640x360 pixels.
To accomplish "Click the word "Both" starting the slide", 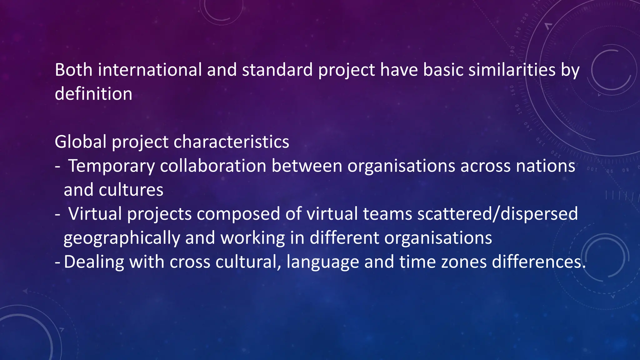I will pyautogui.click(x=73, y=70).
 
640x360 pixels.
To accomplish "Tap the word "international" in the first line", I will pyautogui.click(x=150, y=70).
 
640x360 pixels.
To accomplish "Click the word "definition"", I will pyautogui.click(x=93, y=94).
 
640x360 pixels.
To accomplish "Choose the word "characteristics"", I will pyautogui.click(x=231, y=142).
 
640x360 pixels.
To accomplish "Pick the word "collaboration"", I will pyautogui.click(x=213, y=166).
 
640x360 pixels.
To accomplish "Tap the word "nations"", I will pyautogui.click(x=545, y=166).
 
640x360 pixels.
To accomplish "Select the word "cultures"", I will pyautogui.click(x=131, y=190).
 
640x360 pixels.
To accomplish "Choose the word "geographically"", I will pyautogui.click(x=122, y=238).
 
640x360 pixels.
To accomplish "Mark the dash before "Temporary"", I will pyautogui.click(x=57, y=166).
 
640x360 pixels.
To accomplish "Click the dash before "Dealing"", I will pyautogui.click(x=57, y=262).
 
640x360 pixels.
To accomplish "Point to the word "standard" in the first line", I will pyautogui.click(x=277, y=70).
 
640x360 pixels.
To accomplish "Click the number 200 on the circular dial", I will pyautogui.click(x=525, y=18).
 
